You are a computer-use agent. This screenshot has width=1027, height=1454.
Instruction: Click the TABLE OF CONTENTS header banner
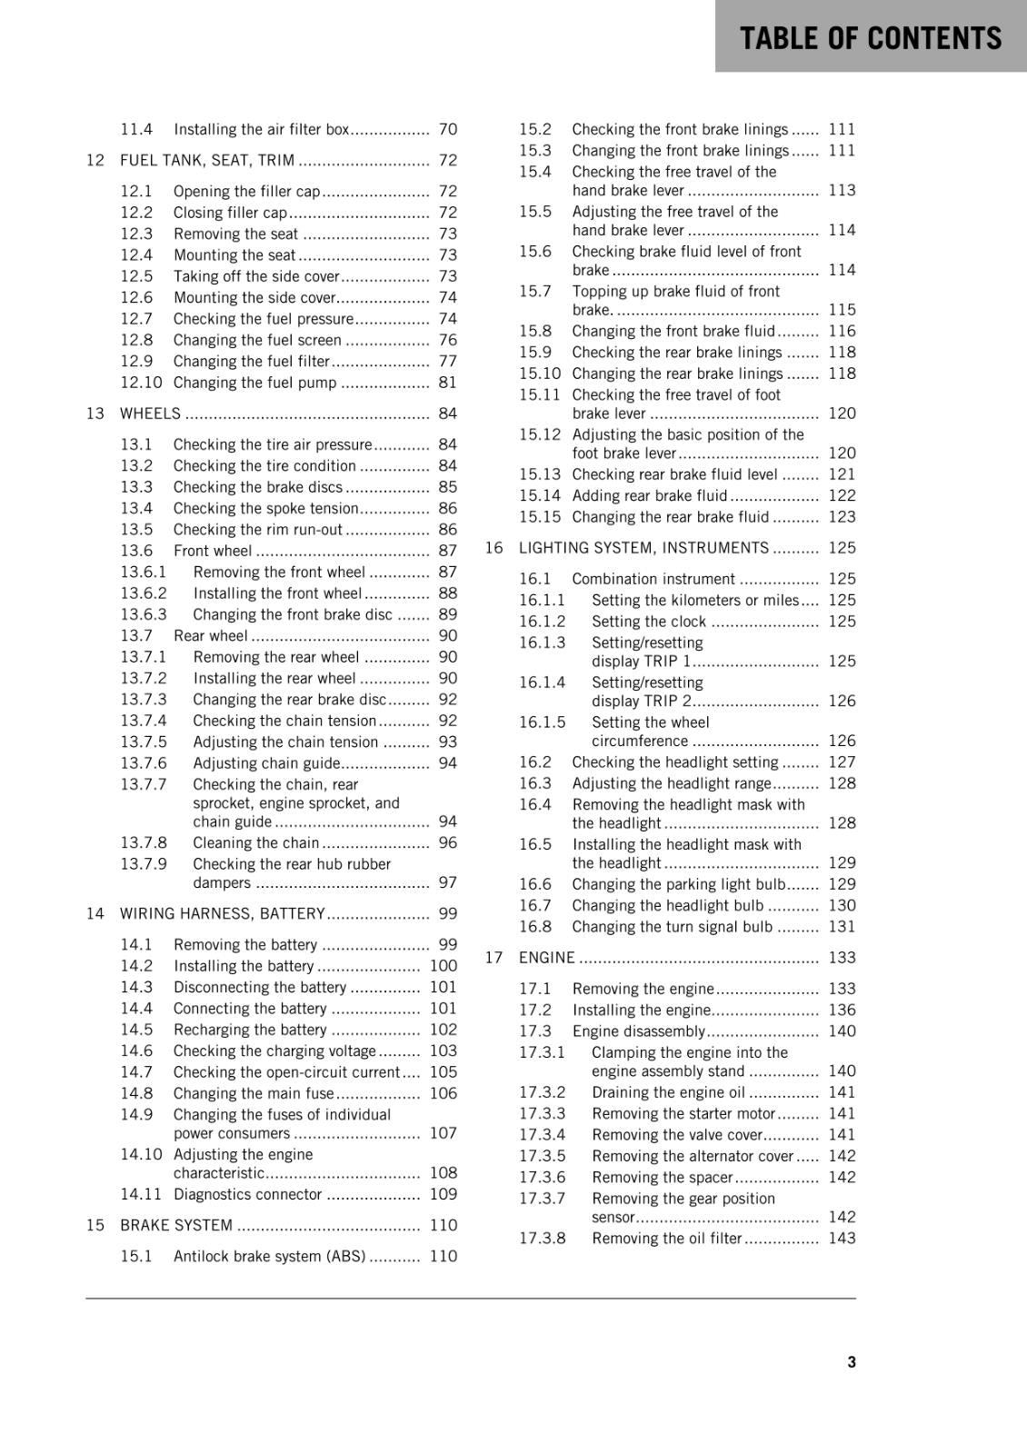(870, 37)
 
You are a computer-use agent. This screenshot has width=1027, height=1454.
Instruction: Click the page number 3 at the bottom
(851, 1361)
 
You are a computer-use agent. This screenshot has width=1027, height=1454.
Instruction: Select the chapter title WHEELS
(150, 413)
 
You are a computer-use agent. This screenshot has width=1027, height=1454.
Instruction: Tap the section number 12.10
(141, 383)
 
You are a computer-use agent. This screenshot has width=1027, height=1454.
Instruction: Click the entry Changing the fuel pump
(254, 383)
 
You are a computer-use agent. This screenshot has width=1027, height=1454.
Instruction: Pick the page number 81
(447, 383)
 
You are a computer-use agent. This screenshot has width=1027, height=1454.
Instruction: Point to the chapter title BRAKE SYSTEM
(176, 1225)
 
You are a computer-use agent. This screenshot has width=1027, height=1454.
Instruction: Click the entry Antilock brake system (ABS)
(269, 1256)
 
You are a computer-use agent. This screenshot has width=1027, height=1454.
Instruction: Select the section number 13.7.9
(144, 864)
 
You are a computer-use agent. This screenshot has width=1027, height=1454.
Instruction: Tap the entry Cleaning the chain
(255, 843)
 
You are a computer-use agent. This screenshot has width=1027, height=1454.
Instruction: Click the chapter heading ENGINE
(546, 958)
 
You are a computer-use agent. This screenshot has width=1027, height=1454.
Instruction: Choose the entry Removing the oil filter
(667, 1239)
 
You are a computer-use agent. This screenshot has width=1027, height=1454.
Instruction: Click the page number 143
(842, 1239)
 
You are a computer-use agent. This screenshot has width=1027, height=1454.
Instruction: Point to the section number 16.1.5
(542, 722)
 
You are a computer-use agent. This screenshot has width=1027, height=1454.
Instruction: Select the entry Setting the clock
(648, 622)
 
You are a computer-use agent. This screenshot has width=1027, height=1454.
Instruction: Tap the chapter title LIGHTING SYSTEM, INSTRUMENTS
(643, 548)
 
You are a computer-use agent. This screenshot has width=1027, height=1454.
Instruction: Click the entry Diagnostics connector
(247, 1194)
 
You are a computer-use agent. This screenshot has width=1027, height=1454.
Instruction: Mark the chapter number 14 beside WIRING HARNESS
(95, 913)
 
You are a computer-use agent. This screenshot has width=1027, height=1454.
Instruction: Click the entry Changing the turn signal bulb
(672, 927)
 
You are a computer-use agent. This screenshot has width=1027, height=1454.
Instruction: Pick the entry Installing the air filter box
(261, 129)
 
